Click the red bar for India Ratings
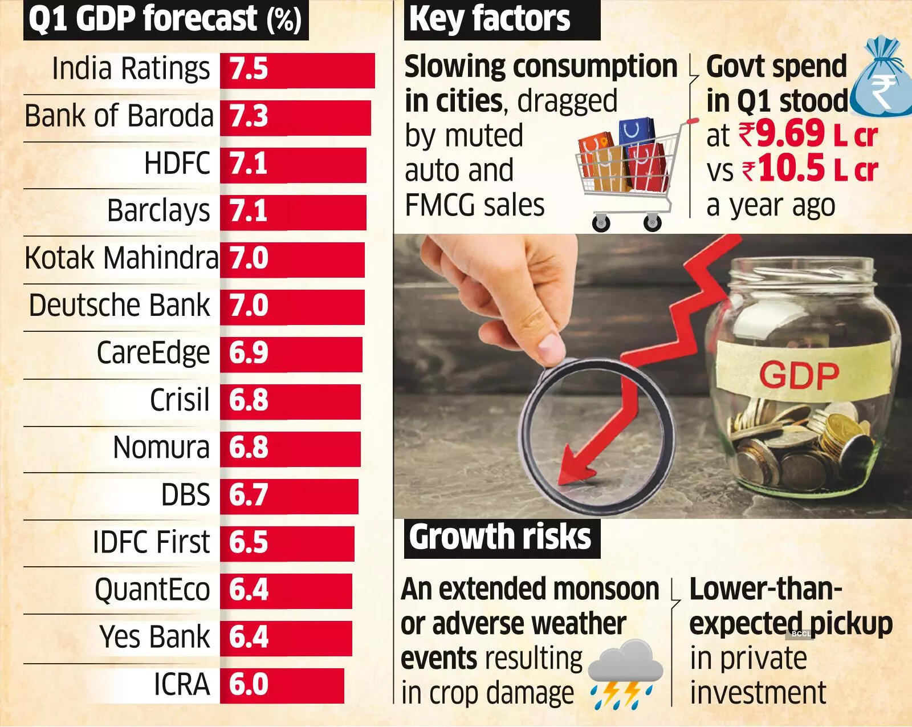coord(298,70)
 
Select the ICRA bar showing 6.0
coord(282,685)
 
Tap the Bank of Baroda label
coord(119,116)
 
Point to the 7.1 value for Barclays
coord(249,211)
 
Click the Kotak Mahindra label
coord(121,258)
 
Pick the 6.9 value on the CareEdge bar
coord(249,352)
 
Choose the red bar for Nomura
coord(290,448)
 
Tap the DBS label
coord(185,495)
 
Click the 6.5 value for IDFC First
coord(249,542)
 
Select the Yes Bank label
coord(154,637)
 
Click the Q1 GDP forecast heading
coord(165,20)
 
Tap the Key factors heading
coord(490,19)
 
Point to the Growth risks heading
coord(500,537)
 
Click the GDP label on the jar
coord(799,375)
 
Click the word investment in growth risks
coord(758,693)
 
